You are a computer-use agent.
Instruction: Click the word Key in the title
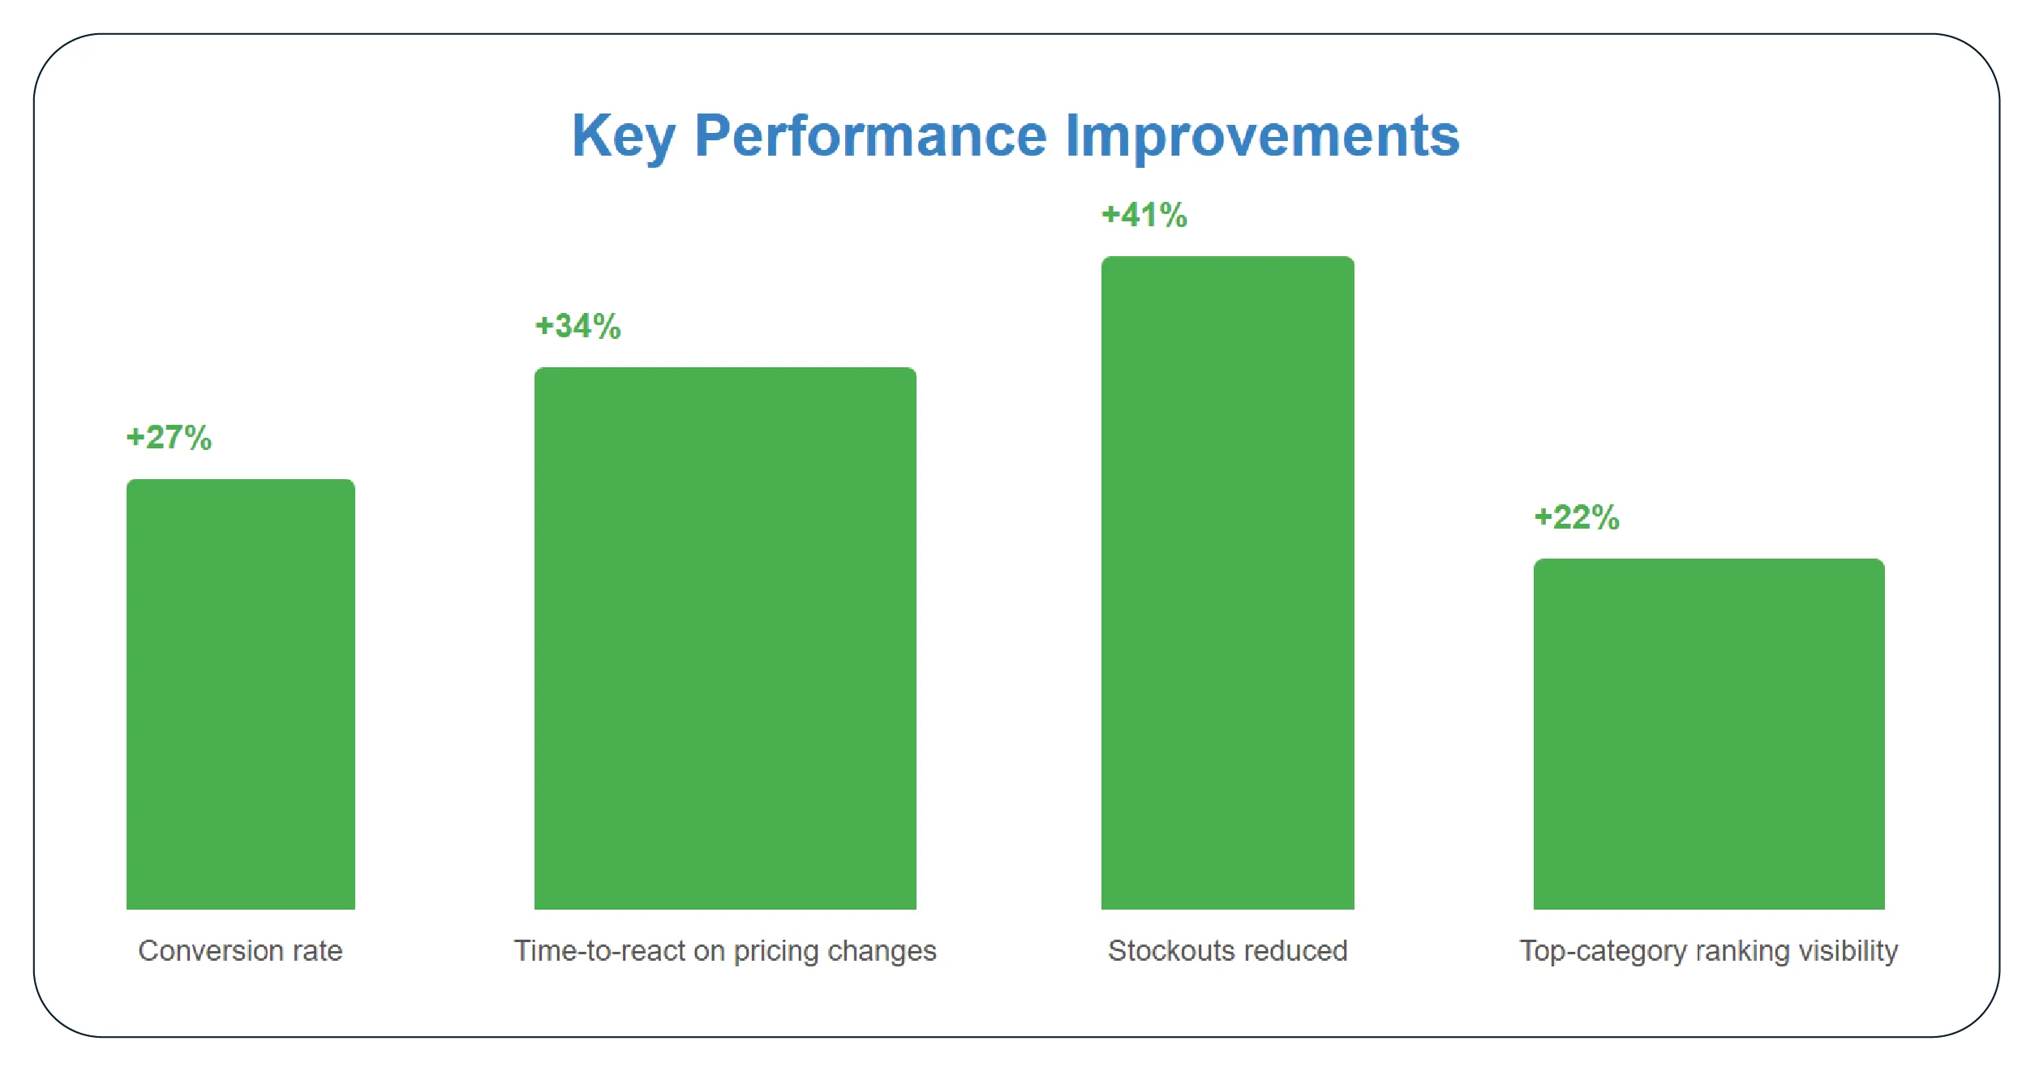623,136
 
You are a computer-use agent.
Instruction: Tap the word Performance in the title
870,136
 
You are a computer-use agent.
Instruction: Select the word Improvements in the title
1262,136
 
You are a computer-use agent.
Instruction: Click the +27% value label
169,438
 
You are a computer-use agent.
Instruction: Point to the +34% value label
577,326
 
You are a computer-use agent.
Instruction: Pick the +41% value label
1144,215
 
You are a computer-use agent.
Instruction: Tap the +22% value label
1576,517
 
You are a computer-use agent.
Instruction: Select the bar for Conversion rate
240,694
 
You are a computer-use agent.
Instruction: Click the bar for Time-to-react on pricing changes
725,638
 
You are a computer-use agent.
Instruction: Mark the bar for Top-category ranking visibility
1708,734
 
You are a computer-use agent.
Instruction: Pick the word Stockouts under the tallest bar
1169,950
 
